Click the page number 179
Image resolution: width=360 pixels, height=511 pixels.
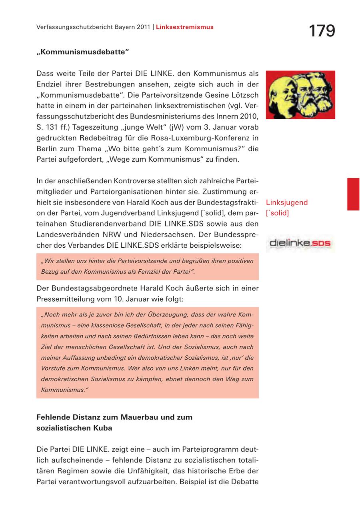tap(322, 31)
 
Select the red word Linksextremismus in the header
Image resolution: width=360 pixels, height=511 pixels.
tap(185, 27)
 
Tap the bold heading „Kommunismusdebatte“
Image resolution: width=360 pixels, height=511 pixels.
tap(83, 52)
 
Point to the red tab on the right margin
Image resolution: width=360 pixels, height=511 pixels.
tap(353, 194)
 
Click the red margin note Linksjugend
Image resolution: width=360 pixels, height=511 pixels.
tap(287, 202)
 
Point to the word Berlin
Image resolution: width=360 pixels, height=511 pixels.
tap(47, 149)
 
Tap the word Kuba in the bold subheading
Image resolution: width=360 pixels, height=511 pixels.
tap(103, 428)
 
